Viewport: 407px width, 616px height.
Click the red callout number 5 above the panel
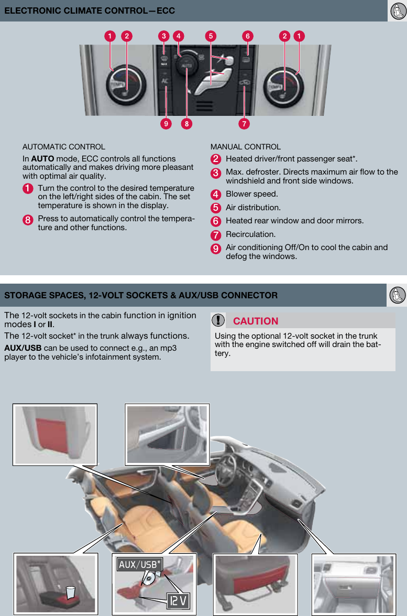[x=211, y=36]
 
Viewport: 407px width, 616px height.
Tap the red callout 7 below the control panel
[x=244, y=124]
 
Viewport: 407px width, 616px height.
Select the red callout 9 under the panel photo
[x=166, y=124]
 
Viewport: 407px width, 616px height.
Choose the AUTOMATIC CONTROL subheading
[x=63, y=147]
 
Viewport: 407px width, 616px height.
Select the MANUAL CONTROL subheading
[x=245, y=147]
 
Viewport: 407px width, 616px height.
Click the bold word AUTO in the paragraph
[x=42, y=159]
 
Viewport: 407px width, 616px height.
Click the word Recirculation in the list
[x=250, y=234]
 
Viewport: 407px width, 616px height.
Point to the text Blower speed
[x=251, y=194]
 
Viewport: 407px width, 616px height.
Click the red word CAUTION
[x=256, y=321]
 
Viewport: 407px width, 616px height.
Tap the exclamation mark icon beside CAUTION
[x=218, y=320]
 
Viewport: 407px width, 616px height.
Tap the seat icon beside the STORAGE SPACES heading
[x=397, y=295]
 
